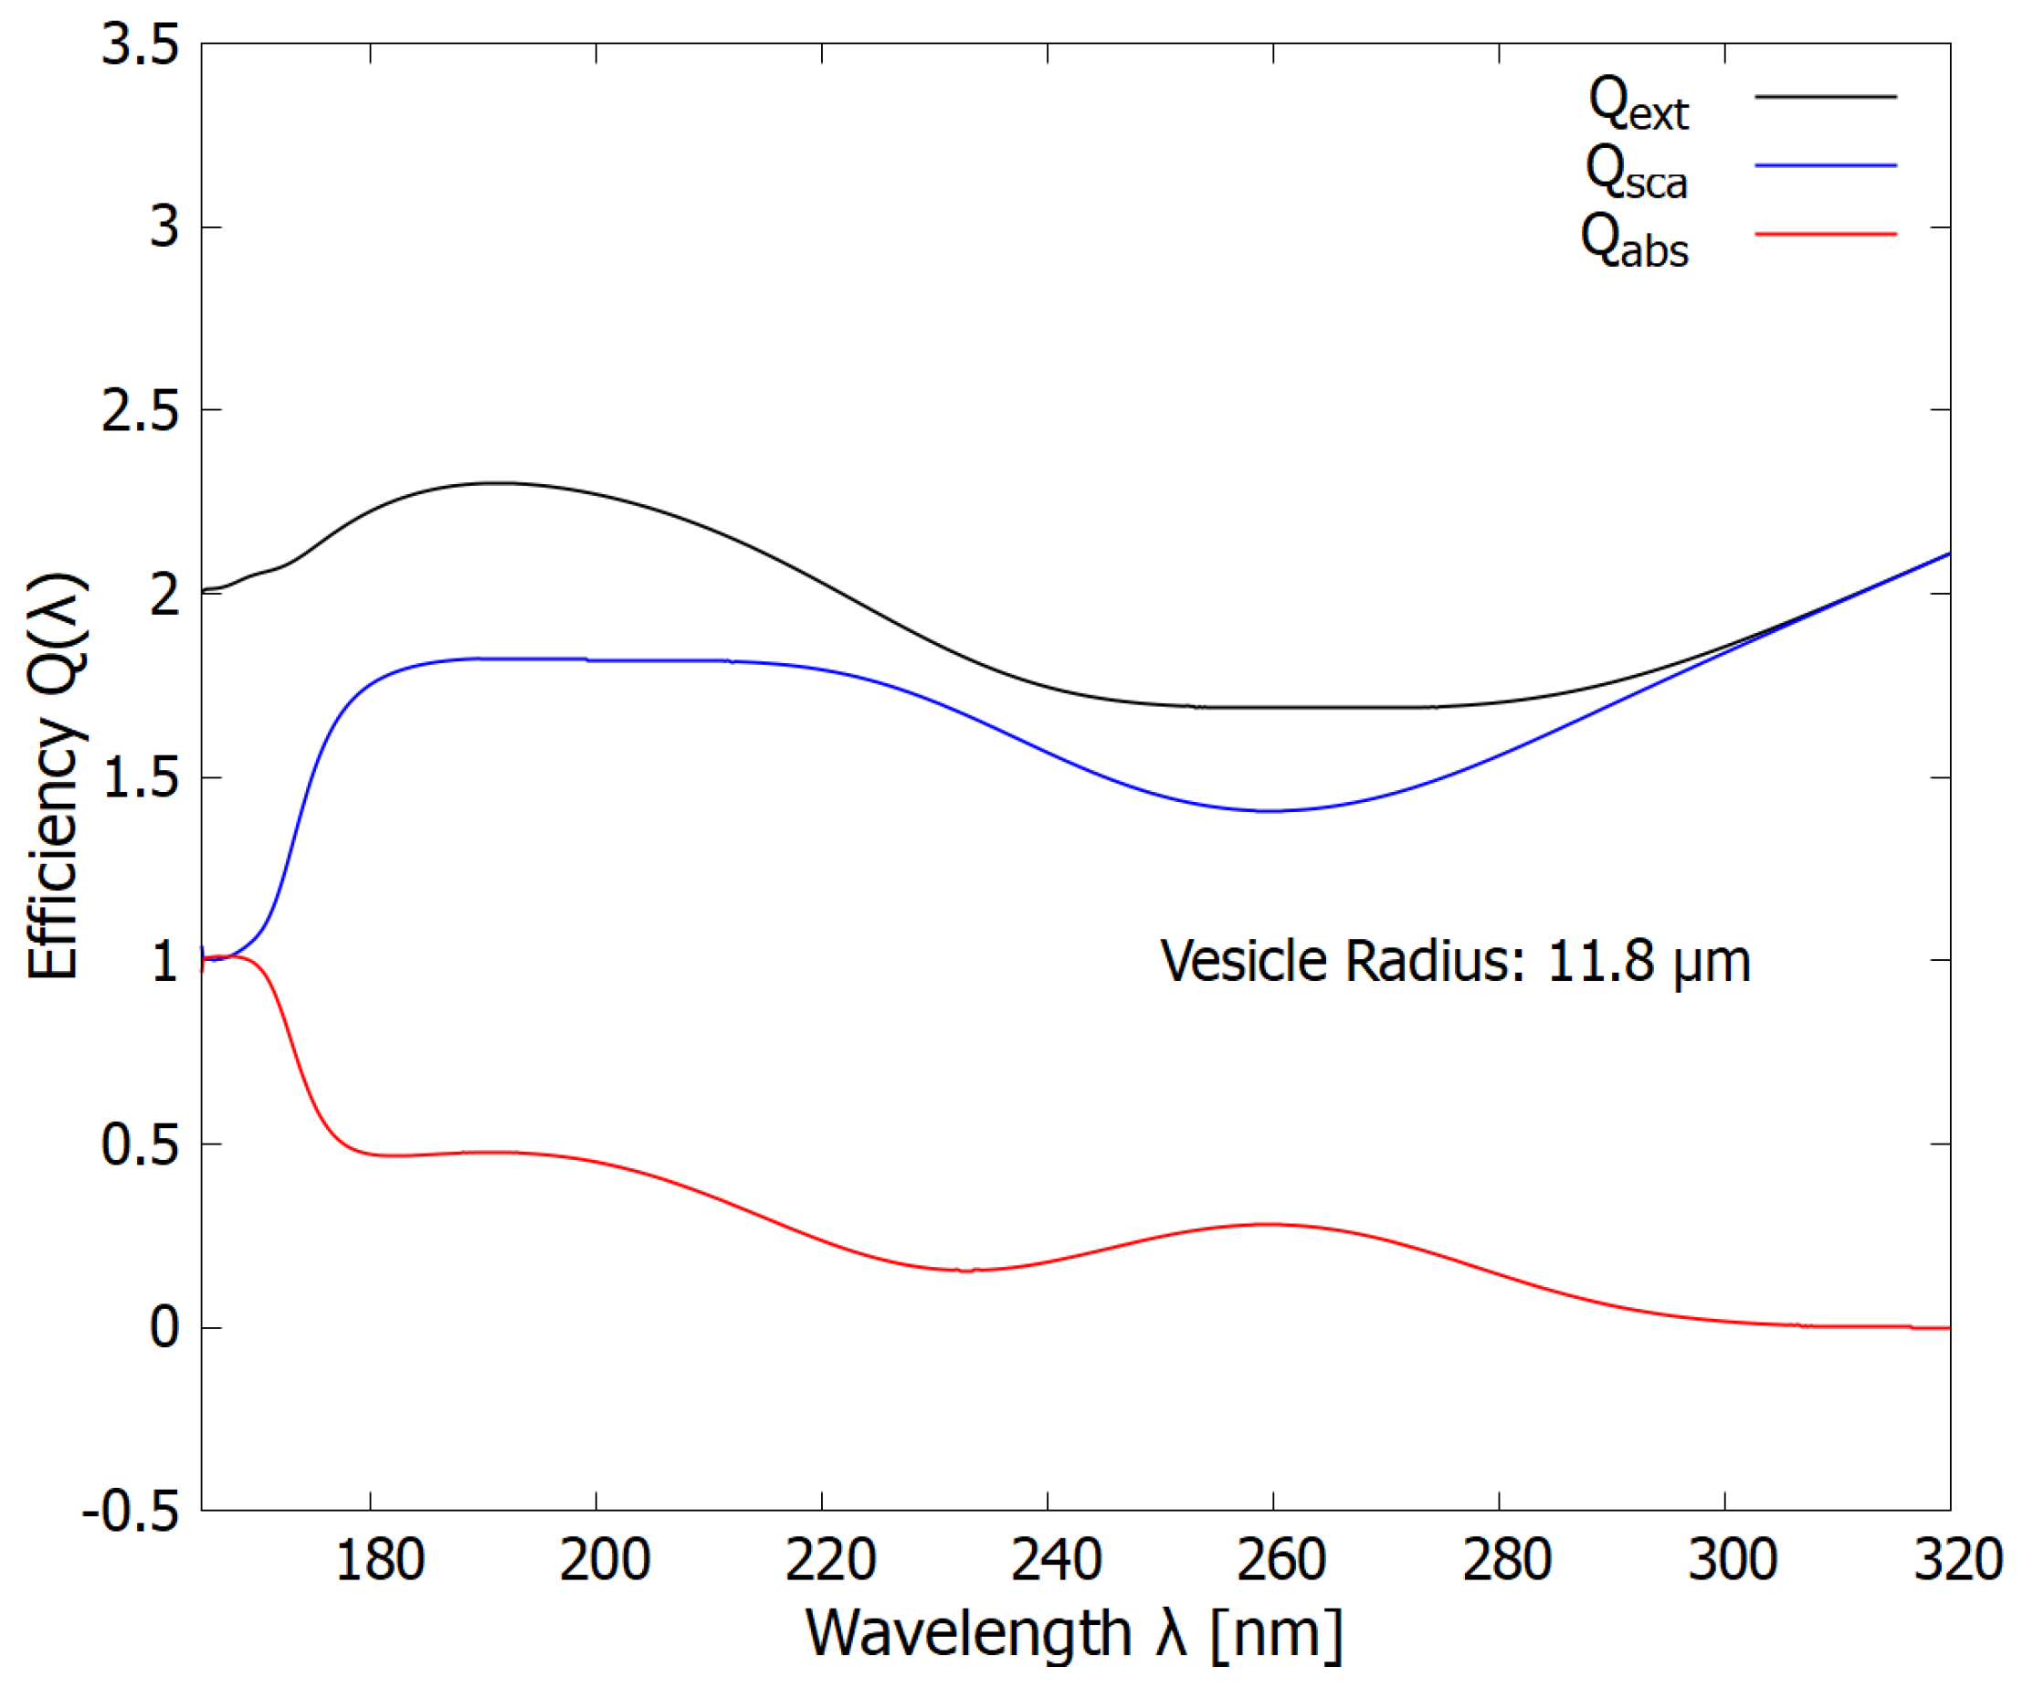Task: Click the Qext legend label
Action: [1637, 104]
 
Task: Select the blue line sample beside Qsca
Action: [1825, 165]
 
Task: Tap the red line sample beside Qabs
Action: [1825, 234]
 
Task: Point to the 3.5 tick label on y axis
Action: [141, 46]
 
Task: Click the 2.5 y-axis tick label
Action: [141, 411]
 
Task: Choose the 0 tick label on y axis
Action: [164, 1329]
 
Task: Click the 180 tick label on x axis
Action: [380, 1560]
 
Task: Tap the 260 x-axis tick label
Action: [1281, 1560]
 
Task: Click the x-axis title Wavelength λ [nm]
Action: [1073, 1635]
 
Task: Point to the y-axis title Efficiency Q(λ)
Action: [55, 776]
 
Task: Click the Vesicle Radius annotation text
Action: [1455, 963]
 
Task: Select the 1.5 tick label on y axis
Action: [141, 778]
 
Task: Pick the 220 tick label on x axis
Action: [830, 1560]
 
